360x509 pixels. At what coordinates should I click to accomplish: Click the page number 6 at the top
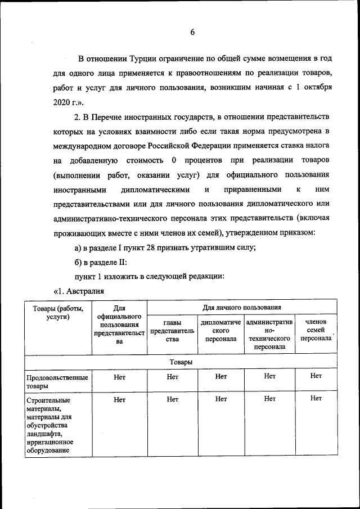(x=192, y=33)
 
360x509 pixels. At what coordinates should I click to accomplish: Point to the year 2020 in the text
(x=64, y=103)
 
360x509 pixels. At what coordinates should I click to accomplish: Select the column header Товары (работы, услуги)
(x=58, y=312)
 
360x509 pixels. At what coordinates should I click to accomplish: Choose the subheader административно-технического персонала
(x=269, y=335)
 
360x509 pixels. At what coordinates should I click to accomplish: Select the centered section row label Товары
(x=181, y=362)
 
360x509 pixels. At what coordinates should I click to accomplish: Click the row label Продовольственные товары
(x=57, y=382)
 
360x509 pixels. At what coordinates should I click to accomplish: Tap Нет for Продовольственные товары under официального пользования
(x=119, y=377)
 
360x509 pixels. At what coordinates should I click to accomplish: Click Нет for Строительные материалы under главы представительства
(x=172, y=399)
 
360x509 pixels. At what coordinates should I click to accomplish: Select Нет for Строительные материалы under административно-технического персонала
(x=269, y=399)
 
